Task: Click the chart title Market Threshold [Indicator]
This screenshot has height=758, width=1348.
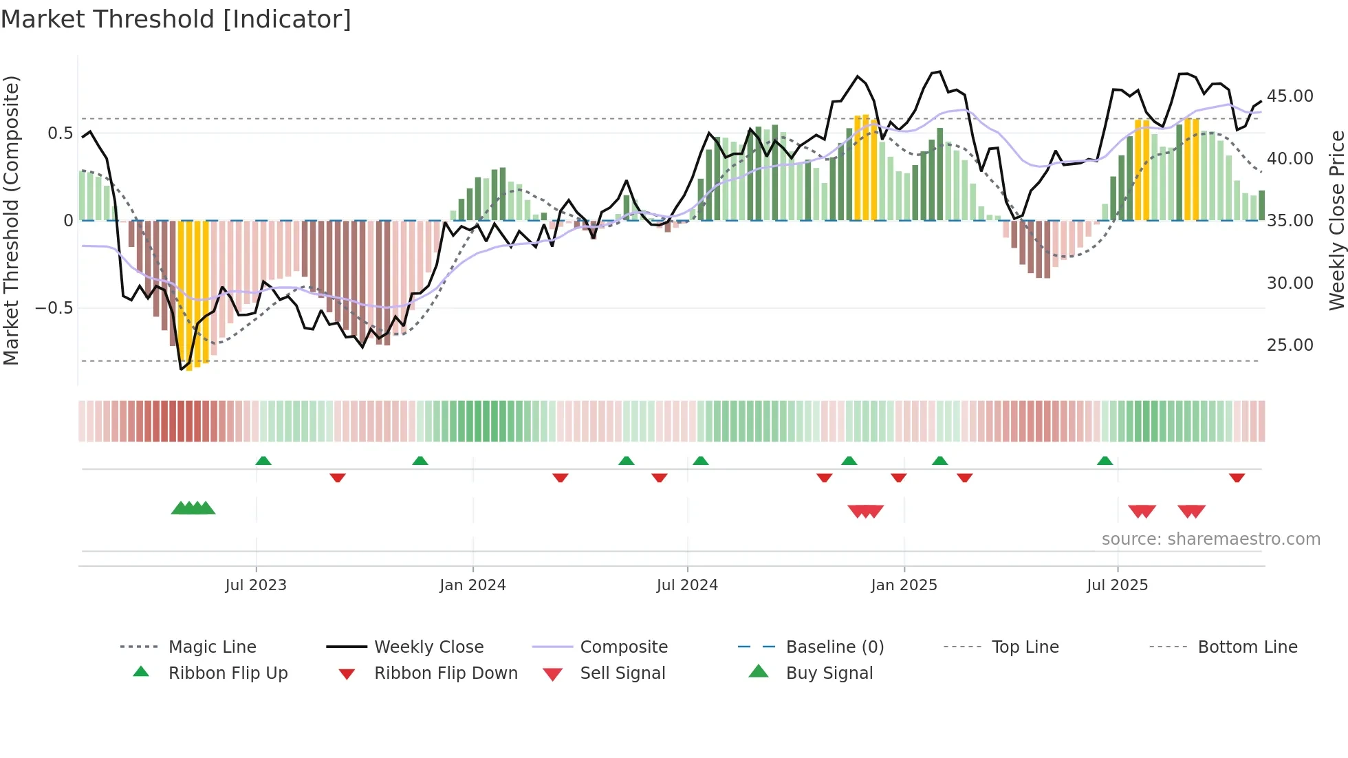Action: click(176, 19)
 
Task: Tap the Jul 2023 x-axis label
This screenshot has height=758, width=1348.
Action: click(256, 585)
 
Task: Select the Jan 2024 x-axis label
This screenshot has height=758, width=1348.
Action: click(472, 585)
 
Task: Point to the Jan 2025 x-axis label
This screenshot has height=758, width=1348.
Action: click(904, 585)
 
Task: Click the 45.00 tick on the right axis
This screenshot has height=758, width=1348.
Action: click(1290, 96)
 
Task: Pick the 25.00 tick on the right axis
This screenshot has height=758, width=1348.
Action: click(1290, 345)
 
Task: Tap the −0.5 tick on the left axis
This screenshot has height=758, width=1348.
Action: click(54, 307)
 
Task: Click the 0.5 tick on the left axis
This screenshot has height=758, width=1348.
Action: click(60, 133)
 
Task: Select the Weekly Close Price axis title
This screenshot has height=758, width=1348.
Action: click(1336, 220)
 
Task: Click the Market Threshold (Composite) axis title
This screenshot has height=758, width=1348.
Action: click(11, 220)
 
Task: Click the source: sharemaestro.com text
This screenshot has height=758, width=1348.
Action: click(1210, 539)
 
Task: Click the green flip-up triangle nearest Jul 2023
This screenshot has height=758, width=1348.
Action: click(263, 461)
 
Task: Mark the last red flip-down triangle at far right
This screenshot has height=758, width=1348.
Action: click(1237, 477)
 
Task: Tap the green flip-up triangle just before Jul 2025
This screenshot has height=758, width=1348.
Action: click(1105, 461)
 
